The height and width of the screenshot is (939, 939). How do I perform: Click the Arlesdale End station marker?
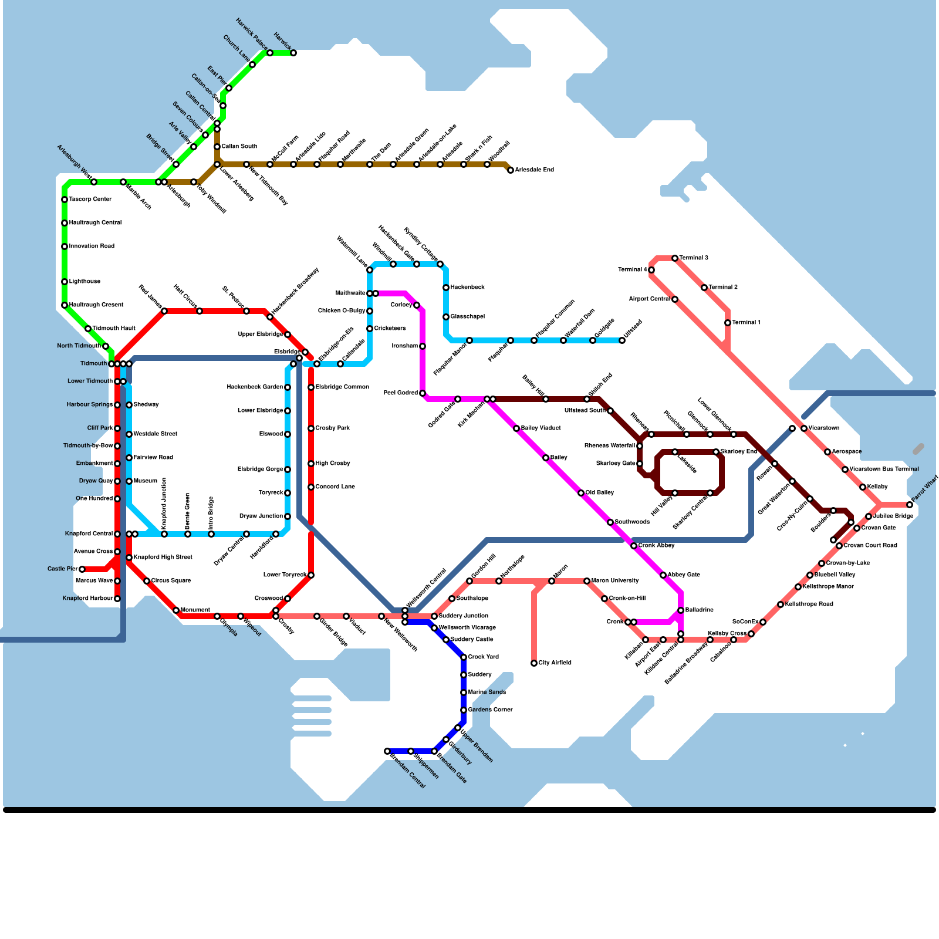click(511, 170)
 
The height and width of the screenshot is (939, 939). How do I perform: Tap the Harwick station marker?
click(293, 53)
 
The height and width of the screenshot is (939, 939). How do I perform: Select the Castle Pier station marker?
click(82, 569)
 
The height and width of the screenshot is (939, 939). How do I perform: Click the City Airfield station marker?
click(534, 663)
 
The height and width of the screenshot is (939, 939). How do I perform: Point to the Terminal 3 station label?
click(694, 258)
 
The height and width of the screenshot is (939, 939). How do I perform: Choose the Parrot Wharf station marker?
click(910, 505)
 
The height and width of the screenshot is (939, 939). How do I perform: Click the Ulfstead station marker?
click(622, 340)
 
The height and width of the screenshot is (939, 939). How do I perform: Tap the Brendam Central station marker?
click(387, 751)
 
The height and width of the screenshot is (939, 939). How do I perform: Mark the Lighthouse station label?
click(85, 282)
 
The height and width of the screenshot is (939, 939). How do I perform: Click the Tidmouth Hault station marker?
click(88, 329)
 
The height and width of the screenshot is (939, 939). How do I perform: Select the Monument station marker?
click(176, 610)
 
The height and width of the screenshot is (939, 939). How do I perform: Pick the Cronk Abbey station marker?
click(634, 546)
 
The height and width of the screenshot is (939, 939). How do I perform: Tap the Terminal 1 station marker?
click(728, 323)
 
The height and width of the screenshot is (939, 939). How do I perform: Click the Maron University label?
click(615, 581)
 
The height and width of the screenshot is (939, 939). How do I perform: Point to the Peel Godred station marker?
click(423, 393)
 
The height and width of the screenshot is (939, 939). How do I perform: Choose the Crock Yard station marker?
click(464, 657)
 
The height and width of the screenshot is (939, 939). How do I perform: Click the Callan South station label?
click(239, 147)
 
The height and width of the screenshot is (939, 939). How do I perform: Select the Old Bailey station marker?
click(581, 493)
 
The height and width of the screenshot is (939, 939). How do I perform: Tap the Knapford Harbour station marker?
click(117, 599)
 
